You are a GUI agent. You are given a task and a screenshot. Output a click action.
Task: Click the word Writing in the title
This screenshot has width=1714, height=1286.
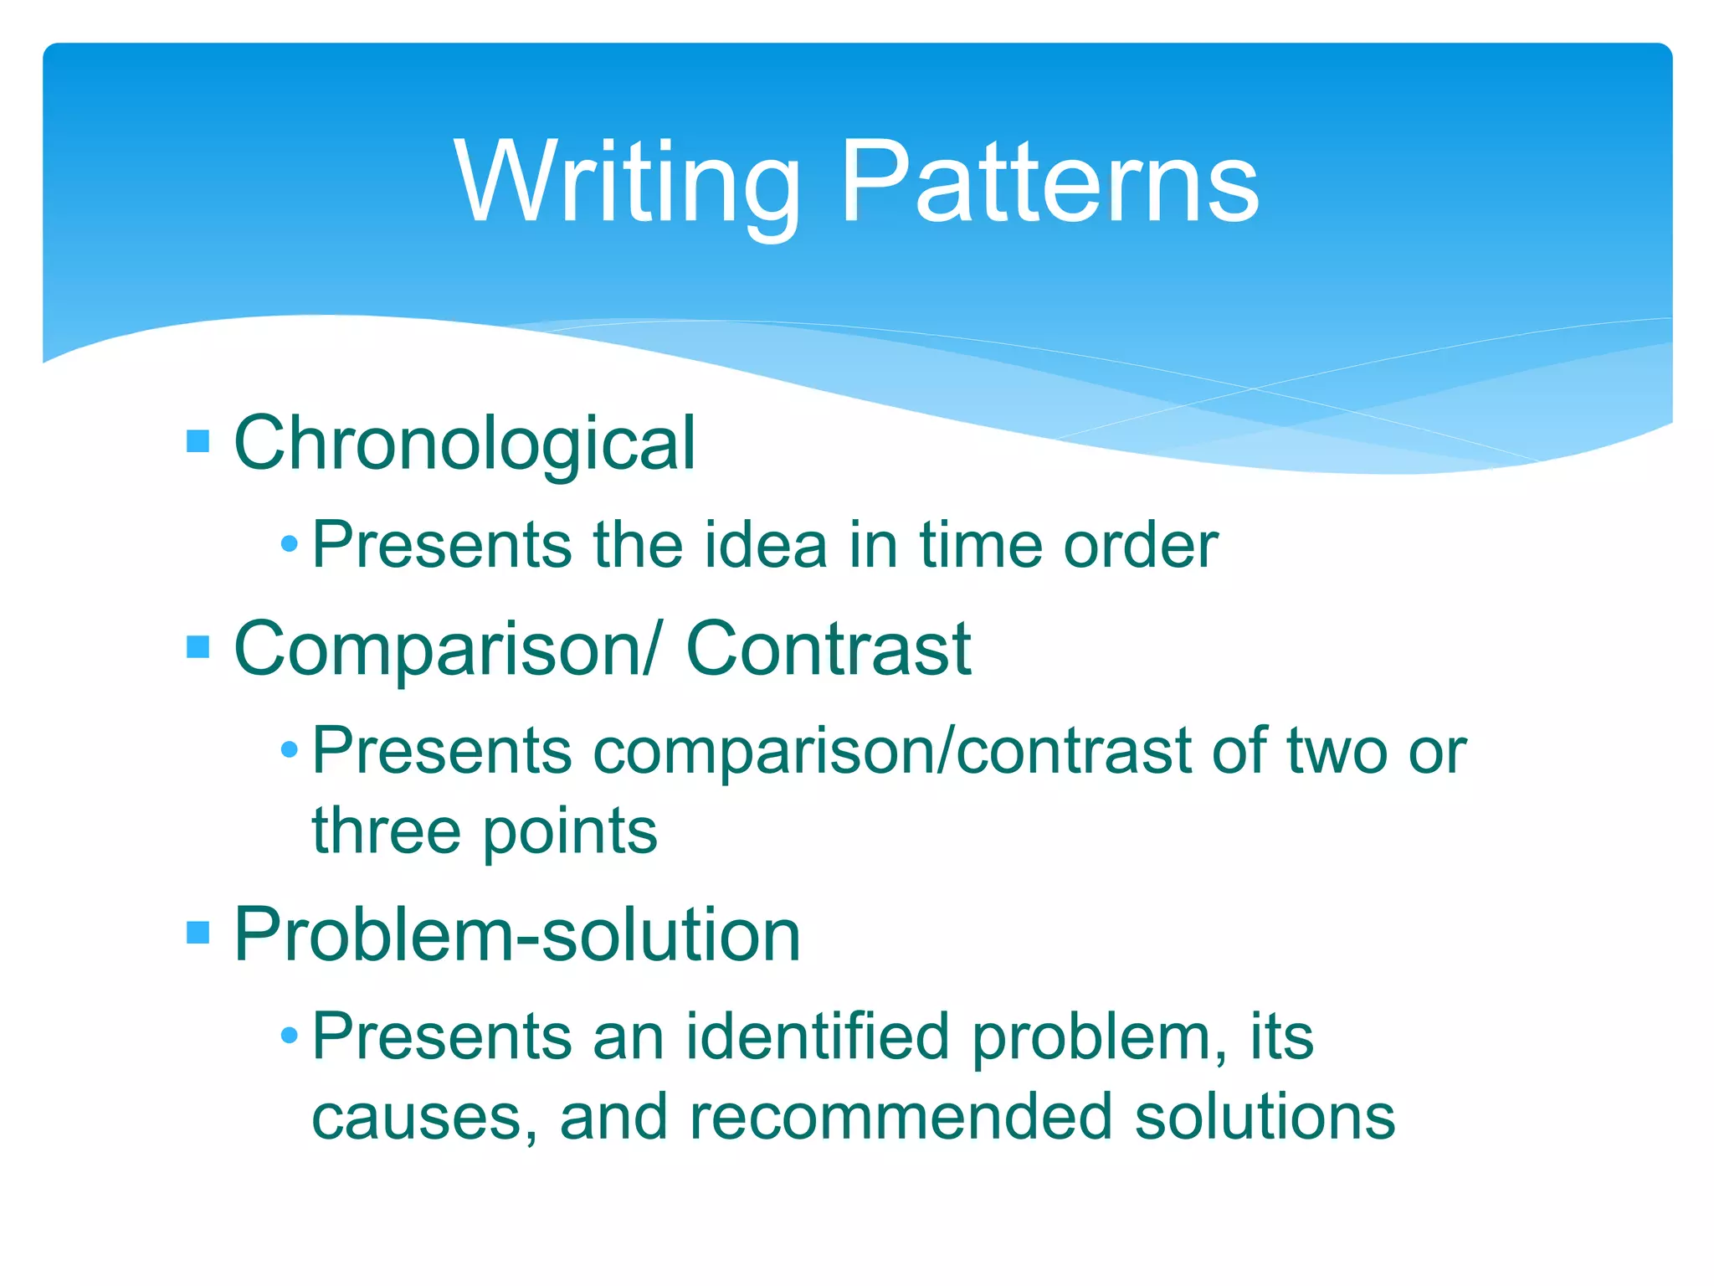tap(626, 183)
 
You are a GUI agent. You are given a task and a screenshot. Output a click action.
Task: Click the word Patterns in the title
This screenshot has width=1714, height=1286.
tap(1049, 183)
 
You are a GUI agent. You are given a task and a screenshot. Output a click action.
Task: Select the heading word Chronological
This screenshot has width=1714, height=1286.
tap(464, 443)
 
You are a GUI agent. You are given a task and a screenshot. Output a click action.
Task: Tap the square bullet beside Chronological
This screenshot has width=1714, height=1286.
tap(198, 440)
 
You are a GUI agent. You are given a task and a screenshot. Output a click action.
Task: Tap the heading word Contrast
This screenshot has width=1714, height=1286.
tap(828, 649)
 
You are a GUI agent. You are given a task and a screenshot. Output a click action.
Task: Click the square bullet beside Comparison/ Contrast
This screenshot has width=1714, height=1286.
tap(198, 646)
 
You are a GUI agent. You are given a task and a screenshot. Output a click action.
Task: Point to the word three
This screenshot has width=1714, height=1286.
tap(386, 831)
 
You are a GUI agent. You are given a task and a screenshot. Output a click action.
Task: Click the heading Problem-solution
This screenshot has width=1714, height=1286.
tap(516, 934)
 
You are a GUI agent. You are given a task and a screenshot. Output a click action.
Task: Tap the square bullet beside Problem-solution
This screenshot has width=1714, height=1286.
tap(198, 932)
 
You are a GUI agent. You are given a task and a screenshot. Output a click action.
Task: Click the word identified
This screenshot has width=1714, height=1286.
tap(817, 1037)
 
